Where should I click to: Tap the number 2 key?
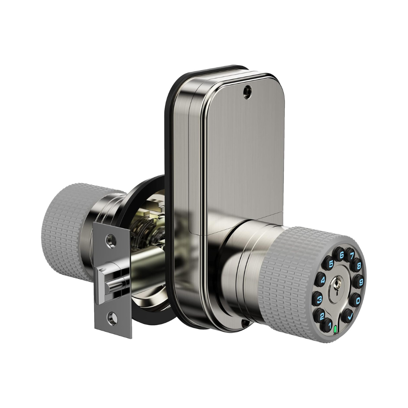[322, 316]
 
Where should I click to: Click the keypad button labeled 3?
[319, 299]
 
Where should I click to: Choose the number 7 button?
[352, 256]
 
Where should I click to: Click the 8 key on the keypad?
[358, 266]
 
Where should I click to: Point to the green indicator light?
[335, 329]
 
